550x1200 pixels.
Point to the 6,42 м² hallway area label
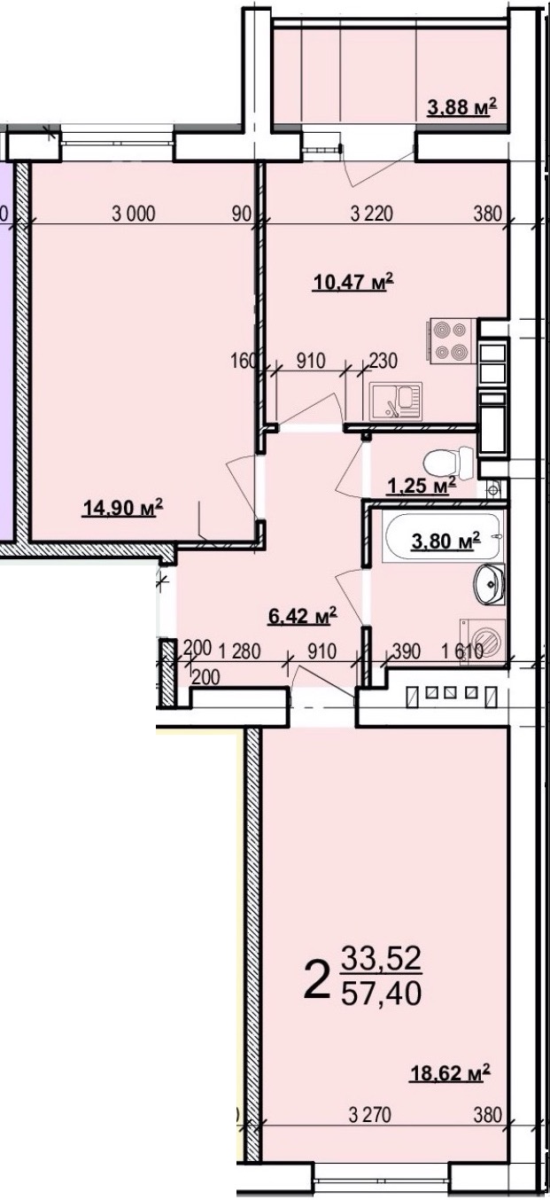302,616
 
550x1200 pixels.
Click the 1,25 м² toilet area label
422,486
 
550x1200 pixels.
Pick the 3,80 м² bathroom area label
445,542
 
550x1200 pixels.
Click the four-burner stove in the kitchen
449,340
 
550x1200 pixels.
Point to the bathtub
443,536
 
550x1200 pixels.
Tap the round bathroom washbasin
489,584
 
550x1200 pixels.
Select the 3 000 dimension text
134,214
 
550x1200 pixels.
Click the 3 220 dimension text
372,214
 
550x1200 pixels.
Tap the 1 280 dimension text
240,651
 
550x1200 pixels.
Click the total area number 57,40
382,994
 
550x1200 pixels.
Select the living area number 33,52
382,958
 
